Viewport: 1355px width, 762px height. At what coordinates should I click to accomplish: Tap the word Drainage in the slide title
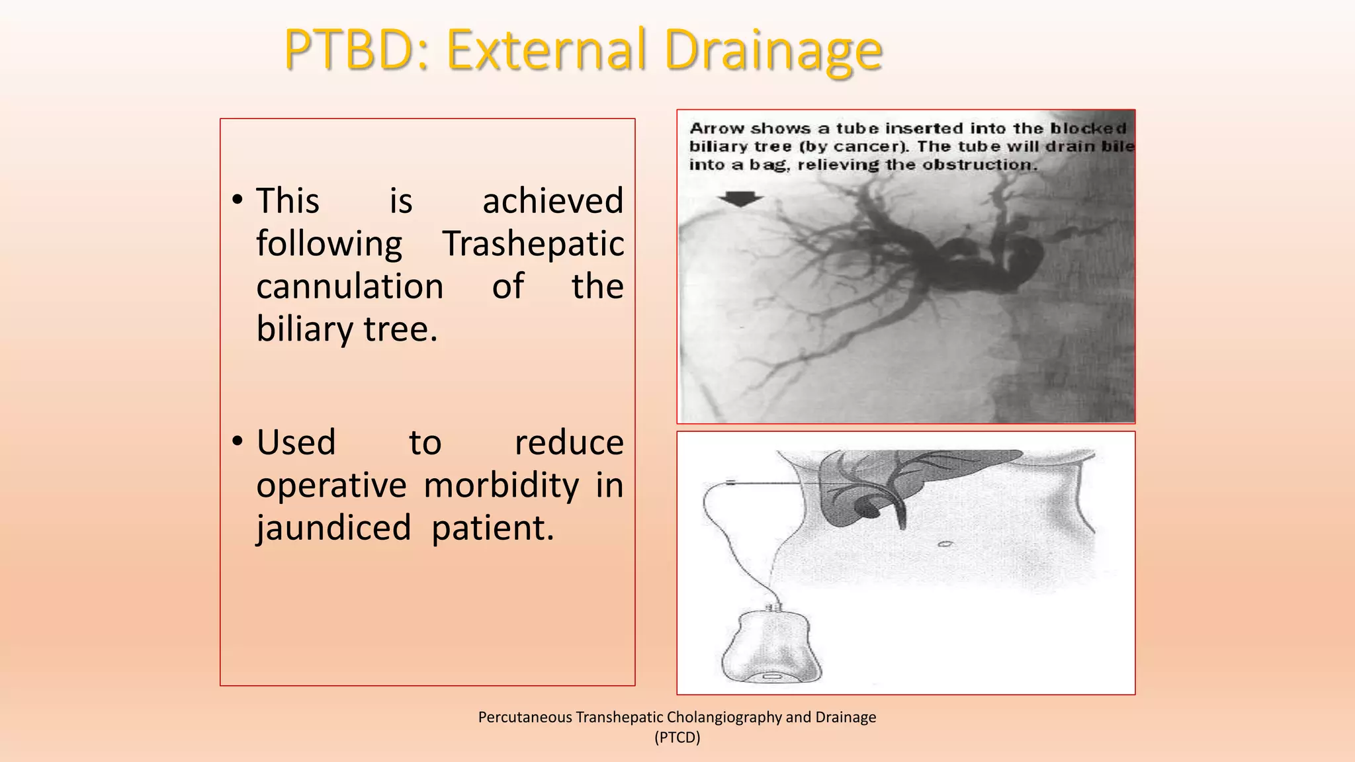(773, 50)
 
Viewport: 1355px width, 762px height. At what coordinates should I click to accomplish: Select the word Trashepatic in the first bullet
(533, 243)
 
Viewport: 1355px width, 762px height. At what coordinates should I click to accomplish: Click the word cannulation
(349, 286)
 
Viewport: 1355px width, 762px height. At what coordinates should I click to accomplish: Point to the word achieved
(552, 200)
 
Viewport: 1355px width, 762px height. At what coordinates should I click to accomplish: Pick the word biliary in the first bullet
(305, 329)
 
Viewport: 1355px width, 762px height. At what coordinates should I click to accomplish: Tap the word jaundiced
(333, 528)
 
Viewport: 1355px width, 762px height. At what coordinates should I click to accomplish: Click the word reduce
(569, 442)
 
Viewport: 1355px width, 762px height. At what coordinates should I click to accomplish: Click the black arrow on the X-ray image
(740, 198)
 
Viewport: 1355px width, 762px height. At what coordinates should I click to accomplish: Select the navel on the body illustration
(945, 544)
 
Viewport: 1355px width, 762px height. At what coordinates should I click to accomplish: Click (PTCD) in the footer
(677, 738)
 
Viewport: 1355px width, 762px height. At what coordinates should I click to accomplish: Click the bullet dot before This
(238, 200)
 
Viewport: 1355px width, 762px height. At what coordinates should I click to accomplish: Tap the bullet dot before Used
(238, 442)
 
